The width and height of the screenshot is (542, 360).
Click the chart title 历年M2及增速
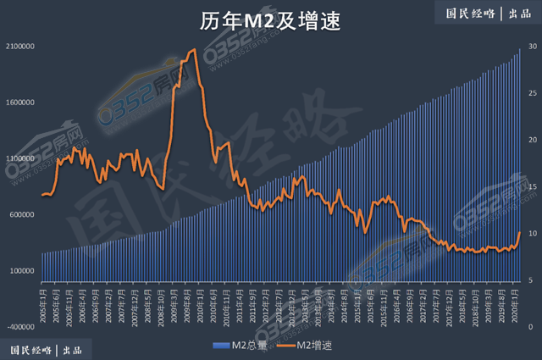[270, 20]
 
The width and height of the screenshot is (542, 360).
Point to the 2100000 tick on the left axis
[18, 47]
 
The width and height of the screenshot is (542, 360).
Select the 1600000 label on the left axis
[18, 102]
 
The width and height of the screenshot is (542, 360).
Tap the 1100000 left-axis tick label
[18, 158]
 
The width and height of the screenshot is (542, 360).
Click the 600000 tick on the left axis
[19, 214]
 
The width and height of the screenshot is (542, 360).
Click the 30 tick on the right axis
[531, 47]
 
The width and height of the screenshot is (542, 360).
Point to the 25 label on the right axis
[531, 93]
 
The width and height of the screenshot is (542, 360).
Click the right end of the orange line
[519, 231]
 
